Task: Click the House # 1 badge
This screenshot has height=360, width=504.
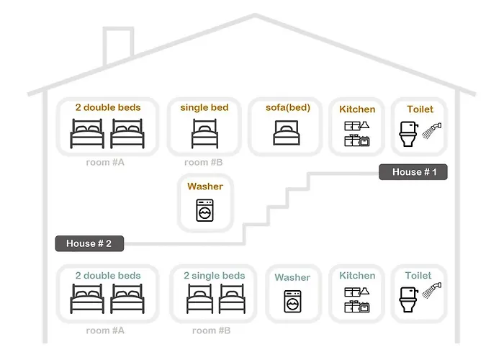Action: pyautogui.click(x=413, y=172)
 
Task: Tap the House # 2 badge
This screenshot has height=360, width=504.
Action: pyautogui.click(x=89, y=243)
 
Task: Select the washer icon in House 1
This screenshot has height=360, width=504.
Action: pyautogui.click(x=204, y=210)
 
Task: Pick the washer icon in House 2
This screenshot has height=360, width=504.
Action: pyautogui.click(x=292, y=302)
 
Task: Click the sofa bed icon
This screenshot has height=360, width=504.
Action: pyautogui.click(x=287, y=132)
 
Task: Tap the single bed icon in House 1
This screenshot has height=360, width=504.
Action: pyautogui.click(x=204, y=133)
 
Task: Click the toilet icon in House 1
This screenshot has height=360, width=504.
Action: pyautogui.click(x=408, y=134)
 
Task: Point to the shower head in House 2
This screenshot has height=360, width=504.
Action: pyautogui.click(x=432, y=290)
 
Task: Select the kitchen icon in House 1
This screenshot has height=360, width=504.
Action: pyautogui.click(x=357, y=134)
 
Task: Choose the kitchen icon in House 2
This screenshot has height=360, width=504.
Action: pyautogui.click(x=357, y=300)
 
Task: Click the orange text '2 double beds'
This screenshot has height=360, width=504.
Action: pyautogui.click(x=108, y=107)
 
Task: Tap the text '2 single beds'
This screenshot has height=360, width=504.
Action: pyautogui.click(x=215, y=276)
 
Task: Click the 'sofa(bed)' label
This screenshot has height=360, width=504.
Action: pyautogui.click(x=288, y=108)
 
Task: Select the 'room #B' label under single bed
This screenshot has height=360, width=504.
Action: pyautogui.click(x=204, y=162)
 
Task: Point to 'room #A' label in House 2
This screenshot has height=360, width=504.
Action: pyautogui.click(x=105, y=330)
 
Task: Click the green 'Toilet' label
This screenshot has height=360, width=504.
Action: pyautogui.click(x=418, y=276)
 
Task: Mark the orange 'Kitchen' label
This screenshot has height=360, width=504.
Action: pyautogui.click(x=357, y=109)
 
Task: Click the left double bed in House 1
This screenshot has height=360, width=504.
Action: pyautogui.click(x=87, y=133)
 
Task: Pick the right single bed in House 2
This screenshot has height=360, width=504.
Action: pyautogui.click(x=232, y=299)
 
